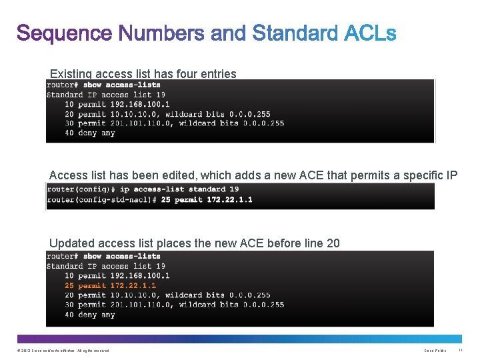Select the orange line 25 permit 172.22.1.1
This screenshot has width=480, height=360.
click(x=110, y=285)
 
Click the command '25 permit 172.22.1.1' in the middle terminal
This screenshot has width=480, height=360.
click(x=207, y=199)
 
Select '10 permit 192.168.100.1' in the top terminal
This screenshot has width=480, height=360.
click(x=117, y=104)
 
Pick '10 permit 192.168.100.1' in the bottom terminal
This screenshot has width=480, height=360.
click(x=117, y=275)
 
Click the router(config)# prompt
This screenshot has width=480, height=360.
click(x=81, y=189)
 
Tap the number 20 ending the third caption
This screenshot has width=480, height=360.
click(x=333, y=243)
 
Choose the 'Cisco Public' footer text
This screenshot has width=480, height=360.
click(x=435, y=350)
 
